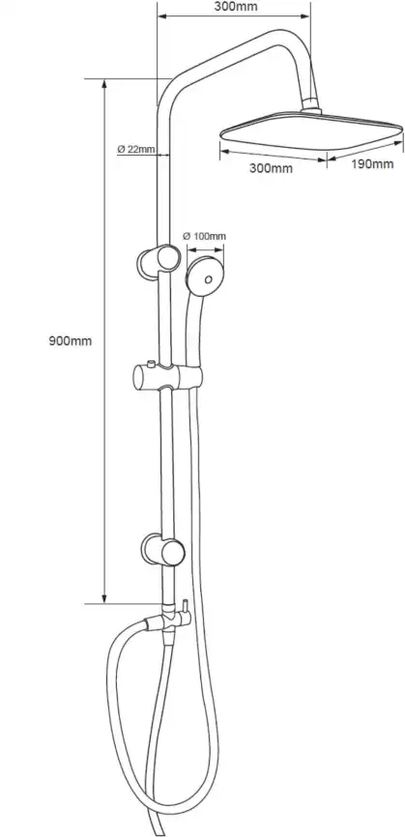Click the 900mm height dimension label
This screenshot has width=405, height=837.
click(71, 341)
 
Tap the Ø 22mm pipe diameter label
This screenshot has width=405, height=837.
click(136, 149)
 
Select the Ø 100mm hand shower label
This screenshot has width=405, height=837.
click(204, 236)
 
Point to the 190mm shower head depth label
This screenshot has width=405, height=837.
click(372, 164)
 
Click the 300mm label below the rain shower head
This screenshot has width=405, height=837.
click(271, 168)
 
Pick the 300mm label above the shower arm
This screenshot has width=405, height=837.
click(235, 7)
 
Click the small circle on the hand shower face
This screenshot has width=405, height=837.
click(209, 278)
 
